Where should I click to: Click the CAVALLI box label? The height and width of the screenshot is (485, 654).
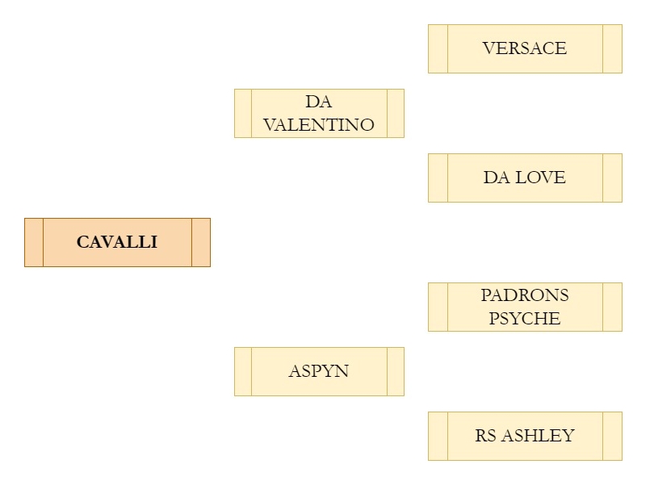pos(117,242)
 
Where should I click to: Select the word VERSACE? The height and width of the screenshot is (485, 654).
pos(525,48)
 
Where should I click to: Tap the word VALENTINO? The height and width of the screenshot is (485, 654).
pos(319,125)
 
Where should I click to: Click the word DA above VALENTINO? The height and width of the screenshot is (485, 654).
pos(319,102)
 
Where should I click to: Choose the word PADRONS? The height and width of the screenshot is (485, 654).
pos(525,295)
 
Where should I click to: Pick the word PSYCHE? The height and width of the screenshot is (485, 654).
pos(525,318)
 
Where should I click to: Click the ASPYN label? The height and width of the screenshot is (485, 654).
pos(319,371)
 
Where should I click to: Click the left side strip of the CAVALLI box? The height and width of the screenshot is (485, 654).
pos(34,242)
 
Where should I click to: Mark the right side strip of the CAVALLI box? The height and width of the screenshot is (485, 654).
pos(201,242)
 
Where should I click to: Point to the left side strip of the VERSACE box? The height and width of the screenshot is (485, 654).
pos(438,48)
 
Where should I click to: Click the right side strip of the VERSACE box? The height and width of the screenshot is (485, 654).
pos(613,48)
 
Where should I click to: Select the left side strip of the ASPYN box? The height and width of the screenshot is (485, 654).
pos(243,371)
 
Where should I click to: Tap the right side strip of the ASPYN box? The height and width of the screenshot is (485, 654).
pos(396,371)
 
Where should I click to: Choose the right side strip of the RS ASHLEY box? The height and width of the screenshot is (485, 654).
pos(613,436)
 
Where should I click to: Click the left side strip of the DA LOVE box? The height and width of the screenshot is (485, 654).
pos(438,178)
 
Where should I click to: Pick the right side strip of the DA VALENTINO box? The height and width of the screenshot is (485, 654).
pos(396,113)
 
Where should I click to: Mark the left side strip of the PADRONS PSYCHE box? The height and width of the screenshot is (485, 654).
pos(438,307)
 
